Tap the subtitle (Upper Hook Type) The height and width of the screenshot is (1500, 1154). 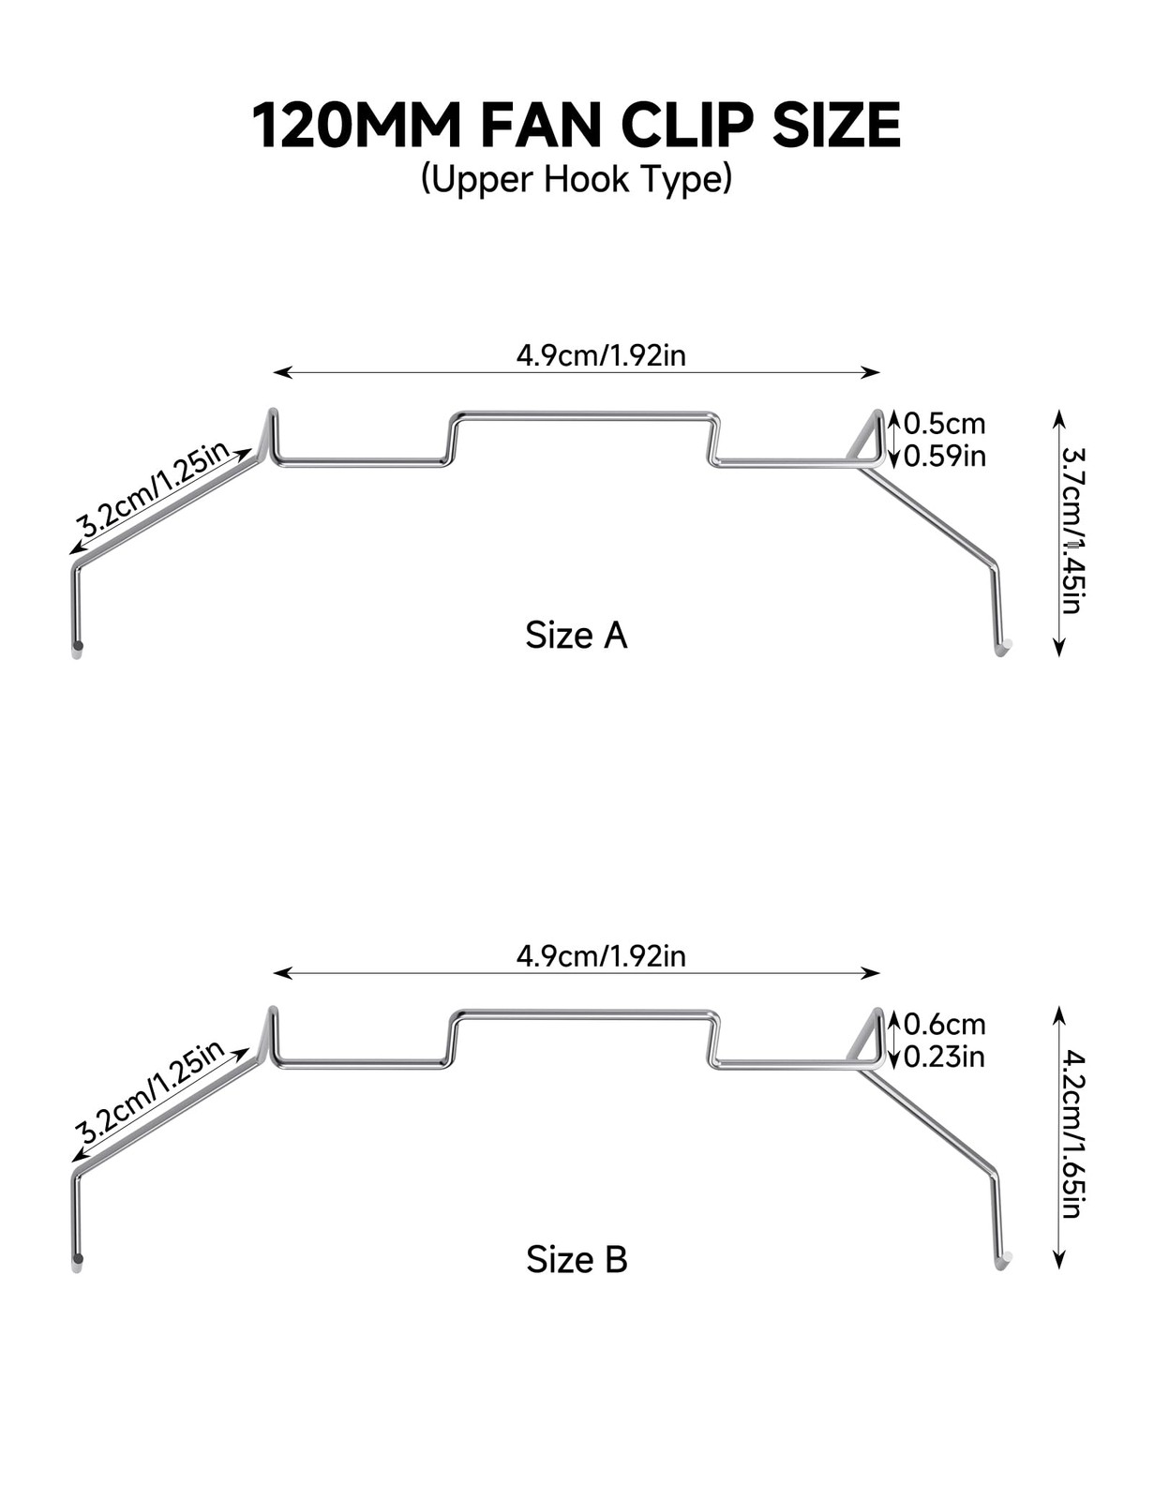(x=577, y=179)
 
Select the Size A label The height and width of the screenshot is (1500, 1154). (x=577, y=635)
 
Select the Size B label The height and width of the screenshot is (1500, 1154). (x=577, y=1260)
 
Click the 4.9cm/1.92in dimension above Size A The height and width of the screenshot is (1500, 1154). (x=601, y=355)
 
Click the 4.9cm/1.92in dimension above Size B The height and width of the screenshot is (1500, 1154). (x=601, y=956)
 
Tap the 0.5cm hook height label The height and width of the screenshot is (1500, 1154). (x=944, y=423)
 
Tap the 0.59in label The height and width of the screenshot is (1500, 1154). (x=944, y=457)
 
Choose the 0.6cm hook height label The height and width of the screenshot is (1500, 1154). (x=944, y=1024)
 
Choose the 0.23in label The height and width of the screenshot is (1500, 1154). (x=944, y=1057)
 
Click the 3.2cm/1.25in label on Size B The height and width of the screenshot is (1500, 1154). (x=151, y=1090)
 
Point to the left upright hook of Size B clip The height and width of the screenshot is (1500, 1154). (x=272, y=1035)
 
